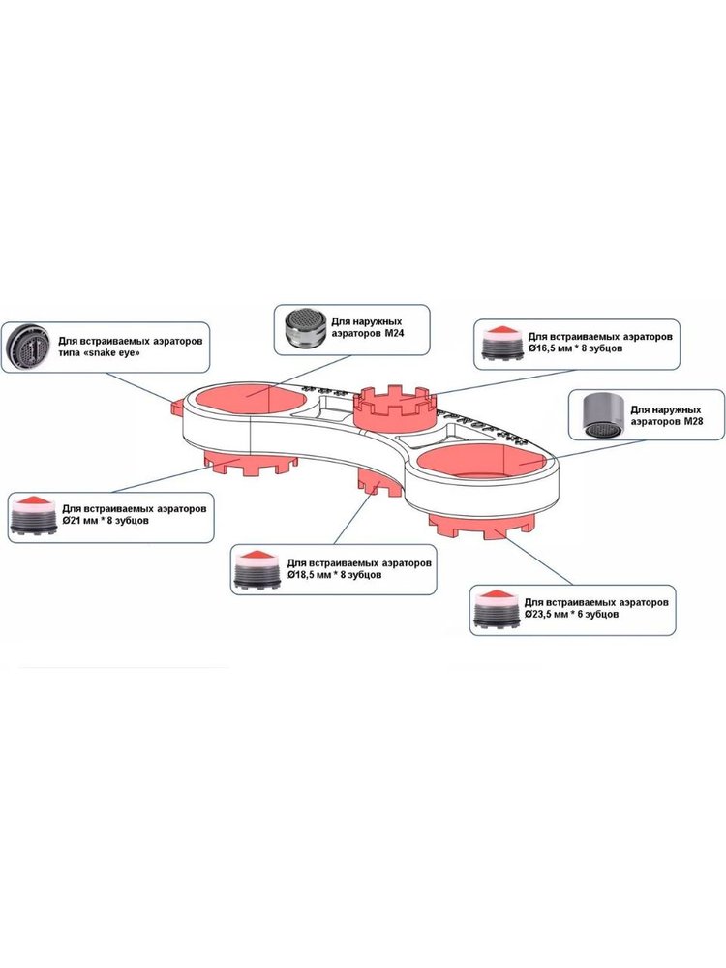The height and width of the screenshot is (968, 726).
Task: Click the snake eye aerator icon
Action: pyautogui.click(x=27, y=347)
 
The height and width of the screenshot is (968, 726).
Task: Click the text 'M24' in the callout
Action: pyautogui.click(x=395, y=333)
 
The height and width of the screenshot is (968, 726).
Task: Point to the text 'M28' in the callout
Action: pyautogui.click(x=693, y=421)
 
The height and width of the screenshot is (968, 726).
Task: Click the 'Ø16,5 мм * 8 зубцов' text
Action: pyautogui.click(x=575, y=348)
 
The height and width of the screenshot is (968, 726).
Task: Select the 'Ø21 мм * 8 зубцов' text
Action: pyautogui.click(x=106, y=521)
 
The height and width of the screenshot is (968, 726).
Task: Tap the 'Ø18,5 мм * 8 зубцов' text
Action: pyautogui.click(x=334, y=575)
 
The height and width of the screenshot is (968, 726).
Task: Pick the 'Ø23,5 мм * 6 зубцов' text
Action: pyautogui.click(x=572, y=615)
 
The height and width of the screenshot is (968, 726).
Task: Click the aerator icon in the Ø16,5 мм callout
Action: pyautogui.click(x=501, y=345)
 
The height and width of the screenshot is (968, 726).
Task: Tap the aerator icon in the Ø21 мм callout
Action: pyautogui.click(x=34, y=514)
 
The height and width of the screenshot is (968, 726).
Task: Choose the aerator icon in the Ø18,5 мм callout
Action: pyautogui.click(x=257, y=569)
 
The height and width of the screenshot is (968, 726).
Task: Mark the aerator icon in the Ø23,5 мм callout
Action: pyautogui.click(x=496, y=609)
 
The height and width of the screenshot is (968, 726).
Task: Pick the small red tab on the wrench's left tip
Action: pyautogui.click(x=177, y=407)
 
